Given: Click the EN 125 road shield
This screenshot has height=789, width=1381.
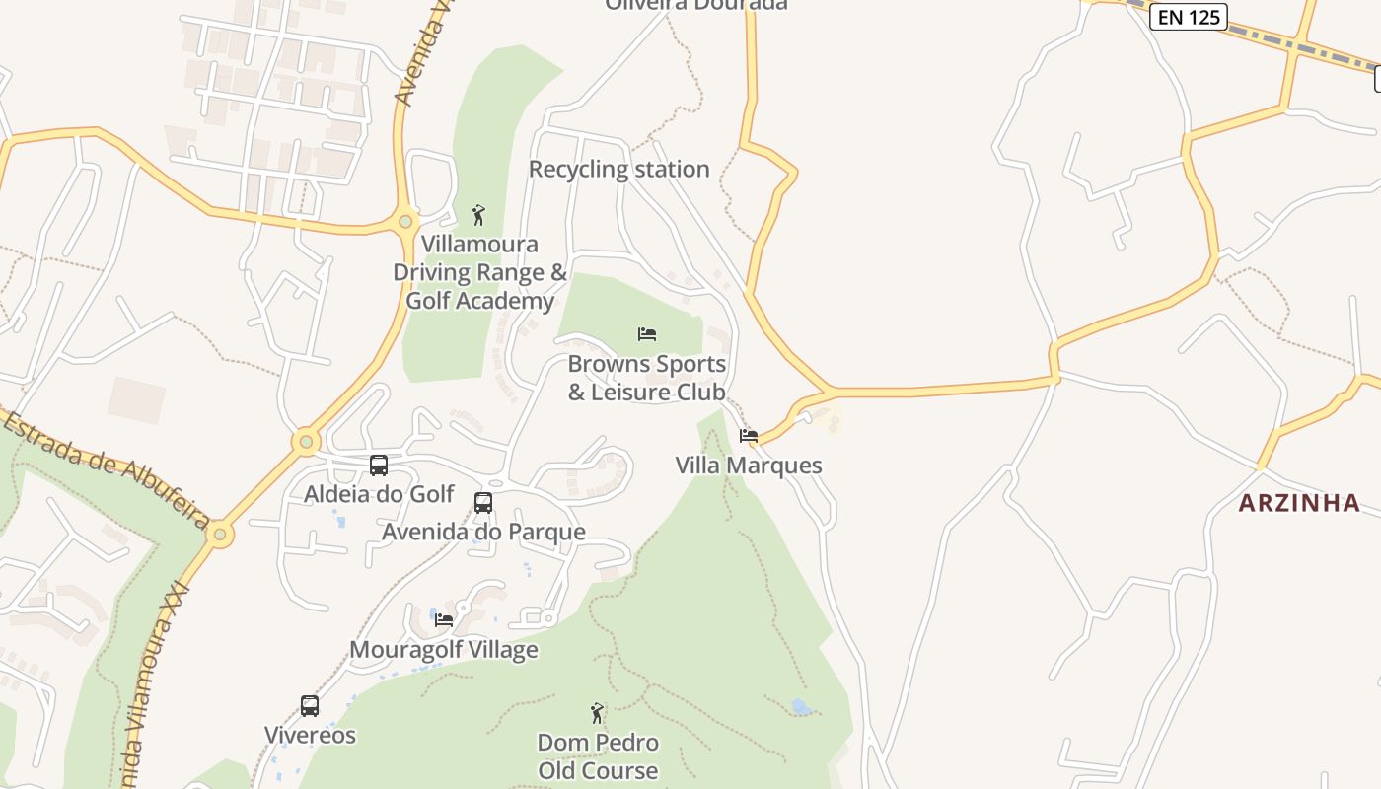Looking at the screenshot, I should pos(1189,16).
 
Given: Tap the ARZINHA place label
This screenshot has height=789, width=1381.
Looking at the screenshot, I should pos(1299,503).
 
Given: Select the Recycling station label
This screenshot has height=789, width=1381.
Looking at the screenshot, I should pos(618,169).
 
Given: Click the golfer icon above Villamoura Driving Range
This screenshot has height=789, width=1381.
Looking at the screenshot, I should pos(479,214).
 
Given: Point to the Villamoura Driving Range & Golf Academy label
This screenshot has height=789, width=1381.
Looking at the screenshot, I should pos(480,272).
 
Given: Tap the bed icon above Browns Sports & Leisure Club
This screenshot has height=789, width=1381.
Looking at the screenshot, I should pos(647,334).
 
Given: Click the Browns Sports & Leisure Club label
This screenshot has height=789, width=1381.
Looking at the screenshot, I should pos(647,378).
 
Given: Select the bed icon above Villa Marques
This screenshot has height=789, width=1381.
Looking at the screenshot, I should pos(749,436).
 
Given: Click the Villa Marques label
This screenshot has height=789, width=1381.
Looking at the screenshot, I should pos(749,466).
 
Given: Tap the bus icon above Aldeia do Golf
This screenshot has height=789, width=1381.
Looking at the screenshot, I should pos(379,466).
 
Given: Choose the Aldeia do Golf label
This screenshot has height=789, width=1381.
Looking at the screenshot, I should pos(379,494).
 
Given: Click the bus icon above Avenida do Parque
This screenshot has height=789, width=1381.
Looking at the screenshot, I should pos(483,503).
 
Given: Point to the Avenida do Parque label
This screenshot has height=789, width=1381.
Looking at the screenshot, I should pos(483,533).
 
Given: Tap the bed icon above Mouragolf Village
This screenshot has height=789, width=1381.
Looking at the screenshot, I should pos(444,620).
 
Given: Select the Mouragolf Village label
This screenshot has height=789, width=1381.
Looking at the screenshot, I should pos(444,650).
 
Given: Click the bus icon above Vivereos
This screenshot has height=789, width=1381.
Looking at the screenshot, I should pos(310,706).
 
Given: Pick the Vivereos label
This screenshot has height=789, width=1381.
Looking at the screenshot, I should pos(310,736).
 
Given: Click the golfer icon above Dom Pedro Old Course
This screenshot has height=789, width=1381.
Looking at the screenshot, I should pos(597,712).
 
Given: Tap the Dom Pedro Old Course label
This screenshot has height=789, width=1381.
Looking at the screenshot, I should pos(598,756).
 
